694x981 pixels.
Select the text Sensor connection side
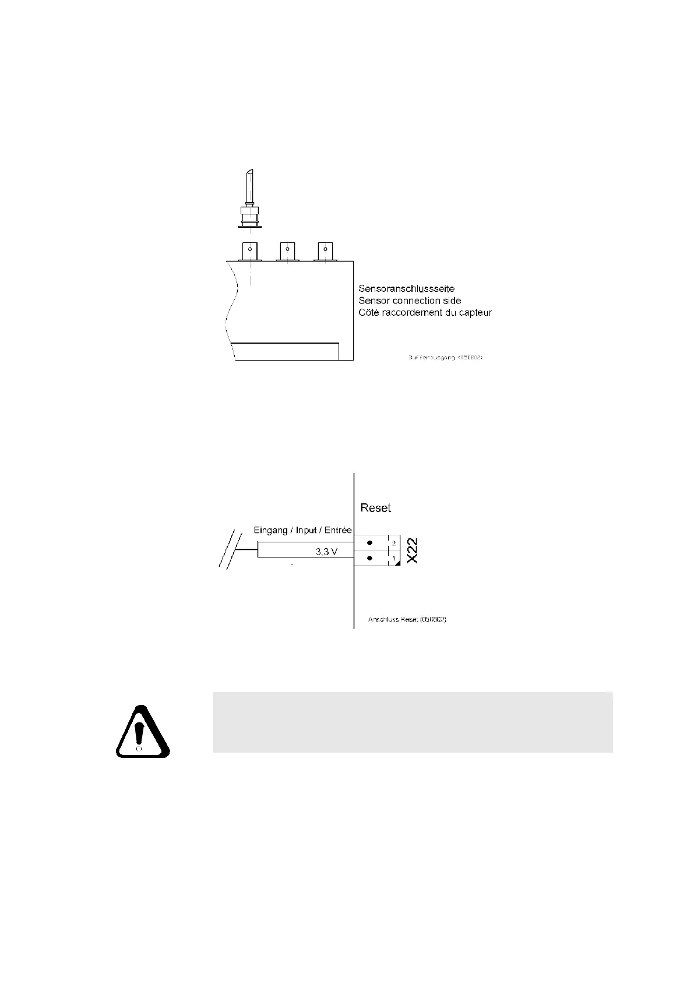pos(410,301)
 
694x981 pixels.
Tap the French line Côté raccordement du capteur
pos(425,313)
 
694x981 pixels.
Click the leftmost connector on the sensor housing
pos(250,250)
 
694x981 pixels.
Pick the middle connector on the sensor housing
pos(286,250)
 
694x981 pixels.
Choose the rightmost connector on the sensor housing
pos(323,250)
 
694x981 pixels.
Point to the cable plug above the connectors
pos(249,201)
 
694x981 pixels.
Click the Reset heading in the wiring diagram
pos(376,508)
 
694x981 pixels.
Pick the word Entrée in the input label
pos(337,530)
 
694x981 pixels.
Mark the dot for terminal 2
pos(369,543)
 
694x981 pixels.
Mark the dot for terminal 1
pos(369,558)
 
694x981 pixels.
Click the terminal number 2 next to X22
pos(394,543)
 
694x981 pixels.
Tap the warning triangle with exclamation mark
pos(142,732)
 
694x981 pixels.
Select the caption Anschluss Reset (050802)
pos(407,619)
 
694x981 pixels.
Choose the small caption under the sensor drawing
pos(446,357)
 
